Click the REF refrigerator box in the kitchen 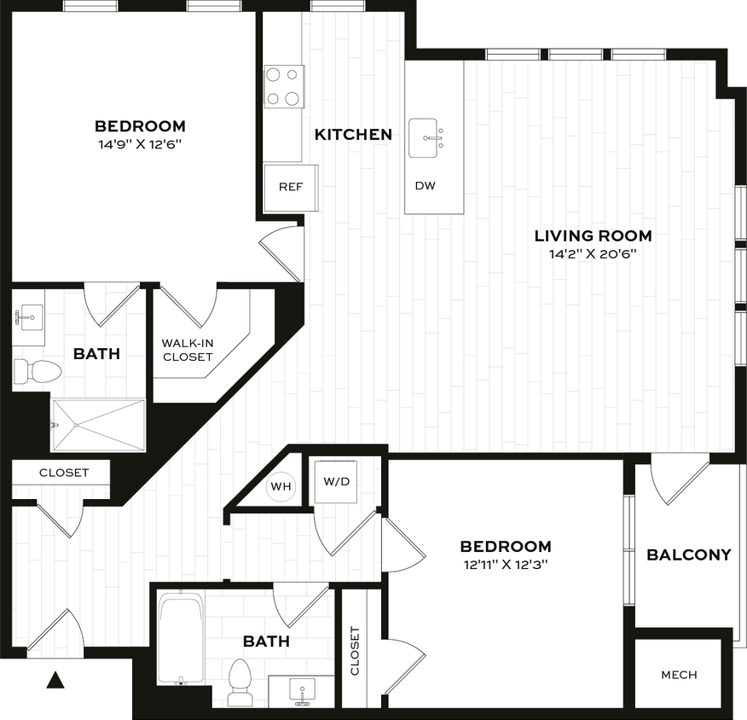(x=291, y=187)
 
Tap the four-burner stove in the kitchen (x=284, y=86)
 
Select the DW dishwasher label (x=425, y=186)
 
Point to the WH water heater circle (x=281, y=487)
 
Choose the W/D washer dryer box (x=336, y=481)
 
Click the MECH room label (x=679, y=675)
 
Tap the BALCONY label (x=689, y=555)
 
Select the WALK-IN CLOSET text (x=187, y=351)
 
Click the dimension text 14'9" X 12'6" (x=140, y=143)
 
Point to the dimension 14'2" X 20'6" (x=594, y=253)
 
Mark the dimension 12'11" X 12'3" (x=505, y=564)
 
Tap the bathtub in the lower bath (x=181, y=638)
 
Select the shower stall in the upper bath (x=99, y=425)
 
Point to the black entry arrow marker (x=57, y=680)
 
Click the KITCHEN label (x=353, y=134)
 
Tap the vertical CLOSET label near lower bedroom (x=355, y=650)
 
